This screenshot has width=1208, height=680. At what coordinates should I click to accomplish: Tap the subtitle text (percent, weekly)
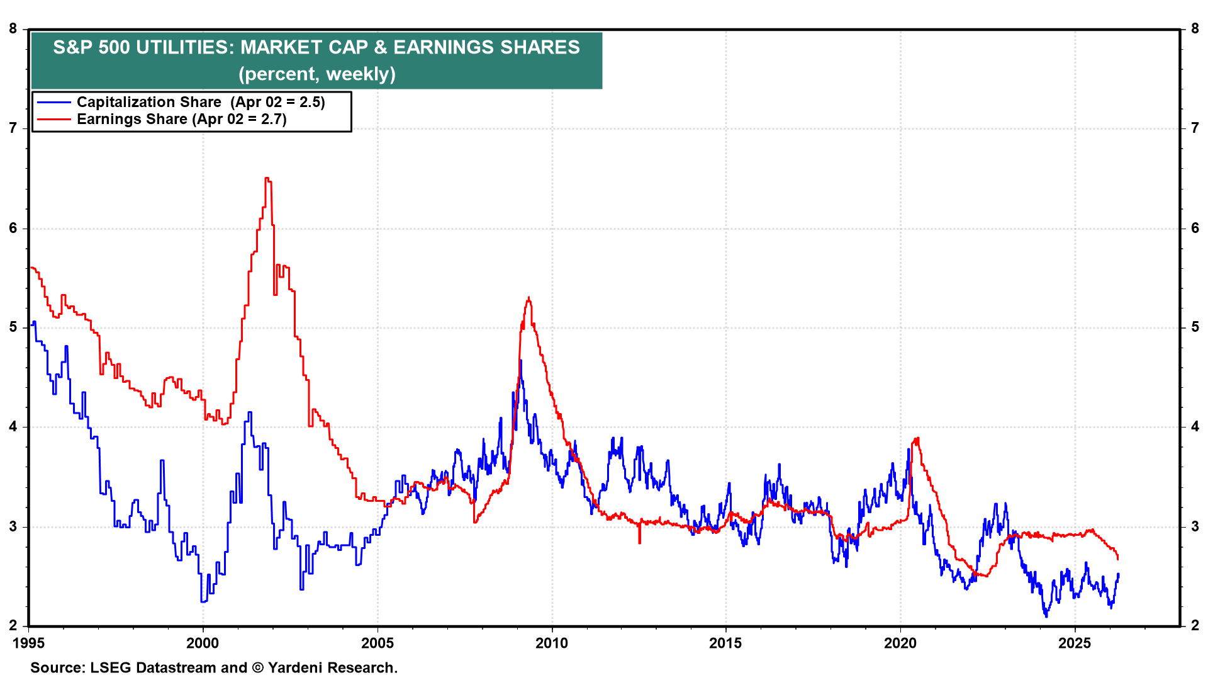[x=316, y=74]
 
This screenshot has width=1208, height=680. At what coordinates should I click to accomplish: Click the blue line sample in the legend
[x=54, y=102]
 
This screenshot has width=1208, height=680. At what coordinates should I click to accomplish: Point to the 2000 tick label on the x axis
[x=203, y=643]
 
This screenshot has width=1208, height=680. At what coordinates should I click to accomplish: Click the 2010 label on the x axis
[x=552, y=643]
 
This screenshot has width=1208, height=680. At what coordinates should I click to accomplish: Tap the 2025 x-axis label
[x=1075, y=643]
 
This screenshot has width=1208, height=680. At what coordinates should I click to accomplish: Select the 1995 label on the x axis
[x=28, y=643]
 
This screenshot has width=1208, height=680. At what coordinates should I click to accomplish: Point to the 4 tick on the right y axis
[x=1195, y=427]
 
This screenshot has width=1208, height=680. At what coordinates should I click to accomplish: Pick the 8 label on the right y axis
[x=1195, y=28]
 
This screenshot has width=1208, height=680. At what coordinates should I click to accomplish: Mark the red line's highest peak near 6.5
[x=267, y=179]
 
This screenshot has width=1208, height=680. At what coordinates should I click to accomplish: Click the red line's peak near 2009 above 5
[x=528, y=298]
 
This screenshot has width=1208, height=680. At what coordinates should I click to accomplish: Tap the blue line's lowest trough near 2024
[x=1046, y=615]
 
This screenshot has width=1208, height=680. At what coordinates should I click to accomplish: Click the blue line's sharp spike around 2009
[x=520, y=361]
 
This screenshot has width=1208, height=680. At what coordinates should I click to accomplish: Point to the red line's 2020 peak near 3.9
[x=917, y=438]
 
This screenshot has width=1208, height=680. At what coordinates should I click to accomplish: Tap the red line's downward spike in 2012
[x=640, y=541]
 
